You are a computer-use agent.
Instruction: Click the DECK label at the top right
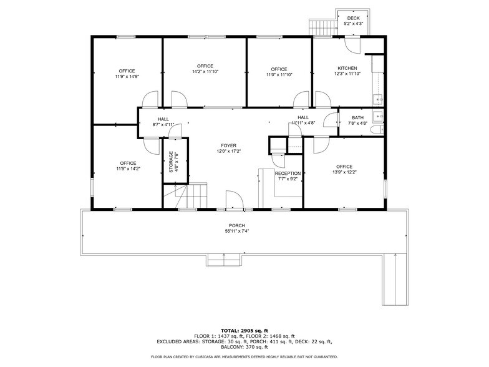(353, 18)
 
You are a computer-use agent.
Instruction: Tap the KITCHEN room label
(347, 68)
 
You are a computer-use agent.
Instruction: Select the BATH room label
(357, 117)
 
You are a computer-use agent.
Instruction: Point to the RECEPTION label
(288, 174)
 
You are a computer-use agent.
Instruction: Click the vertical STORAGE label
(170, 162)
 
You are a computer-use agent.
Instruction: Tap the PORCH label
(236, 225)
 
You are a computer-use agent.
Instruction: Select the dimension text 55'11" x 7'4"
(236, 231)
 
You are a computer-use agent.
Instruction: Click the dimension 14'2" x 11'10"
(205, 72)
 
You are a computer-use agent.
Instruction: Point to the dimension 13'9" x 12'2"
(344, 172)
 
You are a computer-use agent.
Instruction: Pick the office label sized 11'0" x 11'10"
(279, 69)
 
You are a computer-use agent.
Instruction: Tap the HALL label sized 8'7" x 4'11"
(163, 119)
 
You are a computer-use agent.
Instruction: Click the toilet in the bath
(379, 130)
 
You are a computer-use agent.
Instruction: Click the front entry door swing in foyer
(235, 201)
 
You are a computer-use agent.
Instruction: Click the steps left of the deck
(322, 27)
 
